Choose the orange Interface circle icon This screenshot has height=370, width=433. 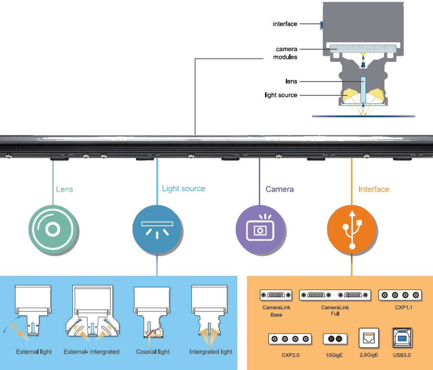pyautogui.click(x=351, y=228)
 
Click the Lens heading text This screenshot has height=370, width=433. pyautogui.click(x=65, y=189)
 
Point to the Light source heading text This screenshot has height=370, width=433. pyautogui.click(x=184, y=189)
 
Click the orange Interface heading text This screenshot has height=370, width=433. pyautogui.click(x=374, y=189)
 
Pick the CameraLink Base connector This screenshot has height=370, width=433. pyautogui.click(x=276, y=295)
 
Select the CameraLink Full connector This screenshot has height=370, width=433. pyautogui.click(x=335, y=295)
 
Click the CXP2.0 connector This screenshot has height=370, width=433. pyautogui.click(x=290, y=339)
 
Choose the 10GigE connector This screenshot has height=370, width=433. pyautogui.click(x=335, y=339)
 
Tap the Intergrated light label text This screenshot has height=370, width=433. pyautogui.click(x=211, y=352)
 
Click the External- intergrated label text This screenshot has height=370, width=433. pyautogui.click(x=91, y=352)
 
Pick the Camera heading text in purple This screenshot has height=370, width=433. pyautogui.click(x=279, y=189)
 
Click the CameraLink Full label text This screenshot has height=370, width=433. pyautogui.click(x=335, y=311)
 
